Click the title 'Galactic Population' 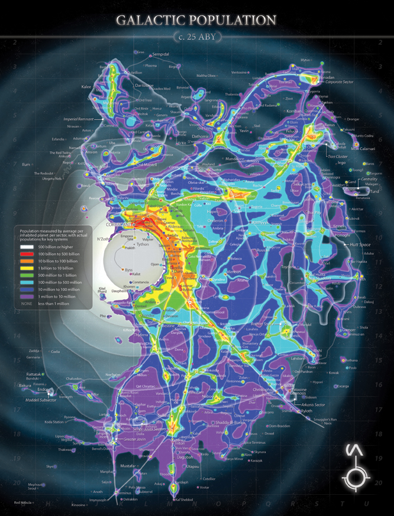pyautogui.click(x=196, y=20)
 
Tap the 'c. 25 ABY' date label pyautogui.click(x=196, y=37)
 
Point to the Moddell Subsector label pyautogui.click(x=39, y=400)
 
